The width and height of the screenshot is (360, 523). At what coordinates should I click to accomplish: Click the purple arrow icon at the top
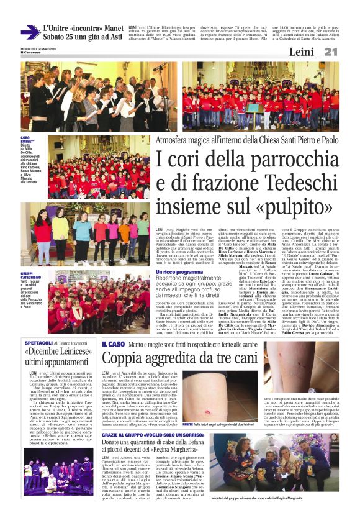[30, 32]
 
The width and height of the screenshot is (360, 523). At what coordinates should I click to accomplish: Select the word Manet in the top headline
[109, 28]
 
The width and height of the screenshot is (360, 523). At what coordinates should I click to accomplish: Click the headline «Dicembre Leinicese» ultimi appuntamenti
[59, 357]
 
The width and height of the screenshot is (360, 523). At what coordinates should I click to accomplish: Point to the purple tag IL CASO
[114, 343]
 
